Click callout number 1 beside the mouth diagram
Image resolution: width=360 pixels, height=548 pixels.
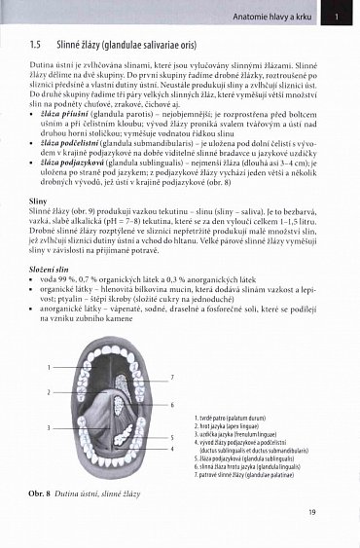point(48,367)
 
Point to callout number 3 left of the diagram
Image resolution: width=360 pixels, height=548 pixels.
point(48,427)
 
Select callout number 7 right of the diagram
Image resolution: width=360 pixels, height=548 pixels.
point(172,377)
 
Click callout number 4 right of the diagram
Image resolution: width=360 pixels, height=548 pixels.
point(172,450)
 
